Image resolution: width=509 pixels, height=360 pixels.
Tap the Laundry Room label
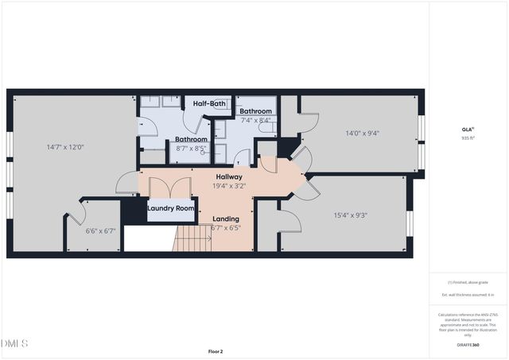171,208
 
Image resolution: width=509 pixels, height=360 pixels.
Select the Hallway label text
229,176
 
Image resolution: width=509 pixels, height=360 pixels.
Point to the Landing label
226,219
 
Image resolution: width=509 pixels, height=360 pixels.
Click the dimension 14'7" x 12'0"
65,147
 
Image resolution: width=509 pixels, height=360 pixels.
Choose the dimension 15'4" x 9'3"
350,215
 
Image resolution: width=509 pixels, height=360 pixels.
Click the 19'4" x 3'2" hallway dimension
229,186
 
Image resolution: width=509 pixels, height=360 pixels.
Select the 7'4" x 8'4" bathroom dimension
254,120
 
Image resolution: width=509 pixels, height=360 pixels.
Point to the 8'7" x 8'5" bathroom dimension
191,148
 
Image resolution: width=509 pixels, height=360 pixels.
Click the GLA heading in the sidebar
467,129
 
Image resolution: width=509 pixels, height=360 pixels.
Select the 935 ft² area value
467,137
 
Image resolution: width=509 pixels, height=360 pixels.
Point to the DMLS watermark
14,343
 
